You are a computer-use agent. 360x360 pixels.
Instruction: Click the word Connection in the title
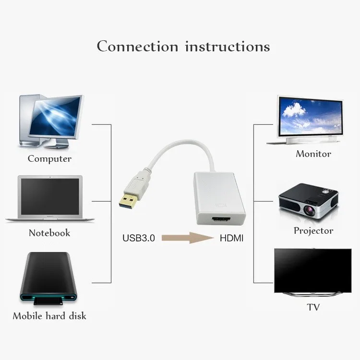point(138,47)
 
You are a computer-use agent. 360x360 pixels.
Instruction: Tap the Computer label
point(49,158)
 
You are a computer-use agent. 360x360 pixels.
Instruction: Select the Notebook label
point(49,233)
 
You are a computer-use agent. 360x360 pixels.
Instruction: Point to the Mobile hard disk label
point(49,316)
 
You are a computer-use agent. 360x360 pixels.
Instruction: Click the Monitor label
point(313,154)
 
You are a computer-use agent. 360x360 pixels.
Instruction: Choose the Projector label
point(313,231)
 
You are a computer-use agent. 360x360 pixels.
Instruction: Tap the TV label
point(313,307)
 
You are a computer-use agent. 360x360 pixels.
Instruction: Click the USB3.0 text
point(139,238)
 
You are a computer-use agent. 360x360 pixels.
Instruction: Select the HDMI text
point(232,238)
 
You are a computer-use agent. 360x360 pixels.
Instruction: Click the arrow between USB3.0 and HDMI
point(188,238)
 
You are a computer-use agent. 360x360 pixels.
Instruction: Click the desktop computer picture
point(50,120)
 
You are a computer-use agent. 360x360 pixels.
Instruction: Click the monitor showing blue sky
point(311,118)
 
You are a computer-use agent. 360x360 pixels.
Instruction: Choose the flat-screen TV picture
point(312,271)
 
